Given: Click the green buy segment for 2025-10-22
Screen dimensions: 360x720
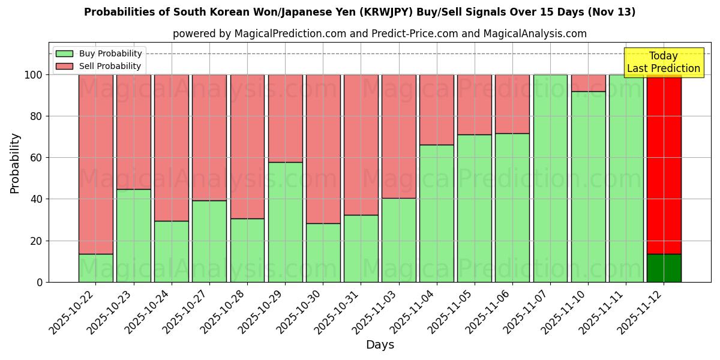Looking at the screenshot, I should [x=96, y=268].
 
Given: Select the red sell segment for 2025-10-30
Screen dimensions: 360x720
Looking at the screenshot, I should [x=323, y=149].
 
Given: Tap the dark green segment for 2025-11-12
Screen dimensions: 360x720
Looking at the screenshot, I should [x=664, y=268].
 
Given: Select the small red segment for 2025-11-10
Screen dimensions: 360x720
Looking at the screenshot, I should [x=588, y=83].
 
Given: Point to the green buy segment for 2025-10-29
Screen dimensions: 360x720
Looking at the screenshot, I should [x=286, y=222].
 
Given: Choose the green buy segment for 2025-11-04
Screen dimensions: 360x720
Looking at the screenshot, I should [x=437, y=213].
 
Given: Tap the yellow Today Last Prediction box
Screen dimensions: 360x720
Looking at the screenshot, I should [x=664, y=62].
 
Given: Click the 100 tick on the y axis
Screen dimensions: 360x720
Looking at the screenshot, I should [x=33, y=75].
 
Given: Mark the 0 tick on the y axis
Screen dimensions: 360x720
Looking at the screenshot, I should [x=40, y=282].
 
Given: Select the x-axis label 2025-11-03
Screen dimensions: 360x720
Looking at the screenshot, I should [x=377, y=316].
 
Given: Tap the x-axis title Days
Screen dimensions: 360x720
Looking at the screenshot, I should [x=380, y=345].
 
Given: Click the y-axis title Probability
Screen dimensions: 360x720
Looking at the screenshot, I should [x=15, y=163].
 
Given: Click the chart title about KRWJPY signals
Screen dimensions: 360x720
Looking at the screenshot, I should [x=360, y=12].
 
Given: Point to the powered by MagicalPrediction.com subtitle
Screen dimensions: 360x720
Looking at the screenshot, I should [x=380, y=34].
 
